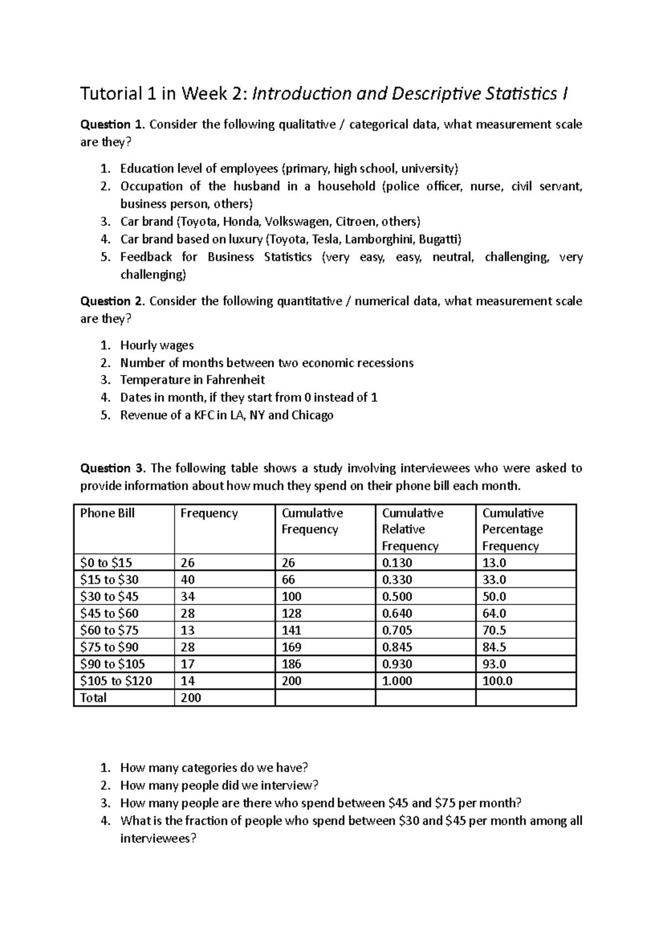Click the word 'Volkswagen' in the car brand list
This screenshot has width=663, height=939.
point(297,222)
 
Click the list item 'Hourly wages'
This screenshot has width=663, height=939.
point(157,346)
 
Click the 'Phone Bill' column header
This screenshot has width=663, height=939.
point(107,513)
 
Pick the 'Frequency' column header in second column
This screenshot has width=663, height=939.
point(209,513)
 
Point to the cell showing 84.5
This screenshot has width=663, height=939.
point(494,647)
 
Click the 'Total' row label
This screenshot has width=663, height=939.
point(93,698)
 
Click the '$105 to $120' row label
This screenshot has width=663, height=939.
point(116,681)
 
